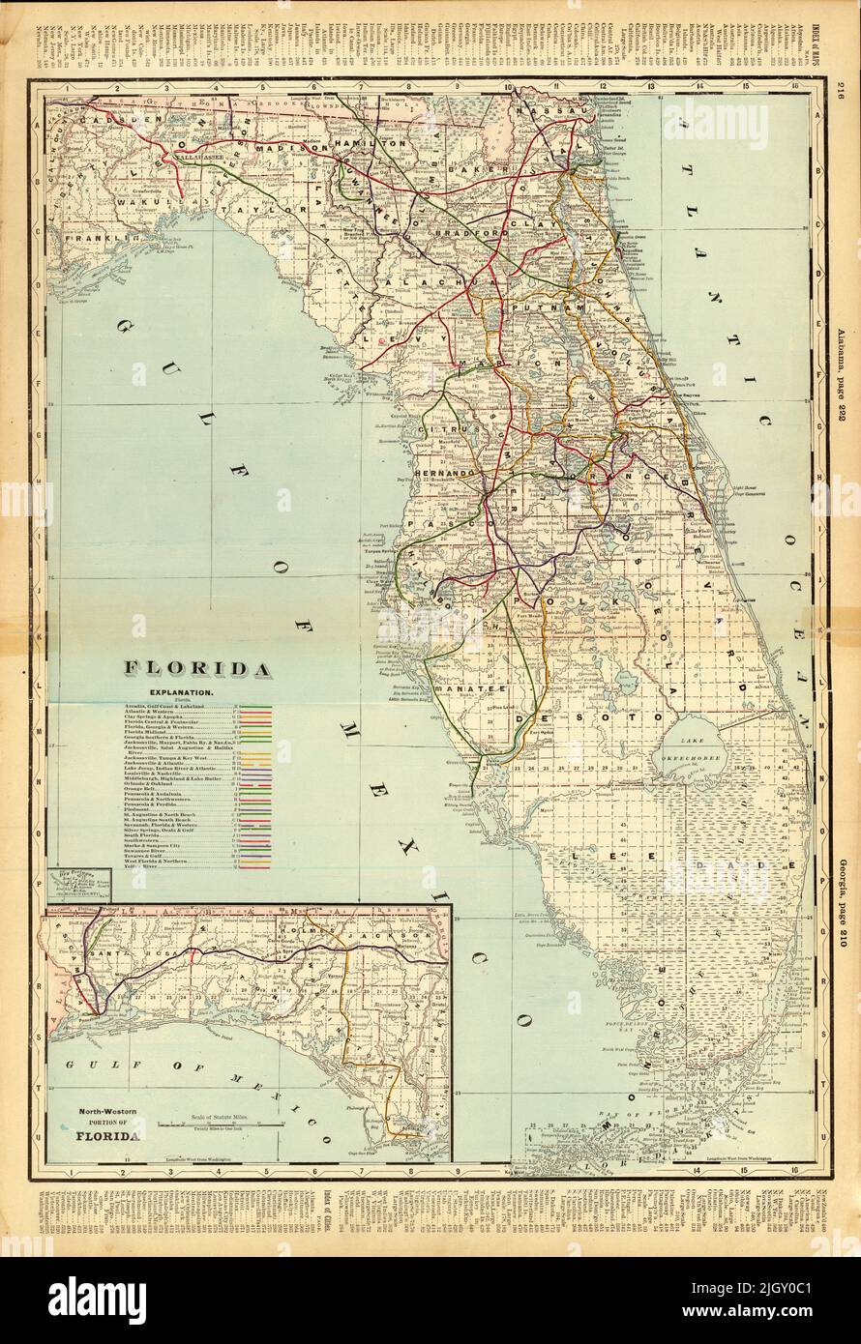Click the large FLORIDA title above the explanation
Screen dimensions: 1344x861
(x=196, y=668)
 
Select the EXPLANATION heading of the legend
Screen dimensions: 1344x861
(x=181, y=694)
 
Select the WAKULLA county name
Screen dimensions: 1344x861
(x=100, y=203)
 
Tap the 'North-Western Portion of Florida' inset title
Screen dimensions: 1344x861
(x=107, y=1125)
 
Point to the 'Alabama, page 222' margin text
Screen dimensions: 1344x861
(x=838, y=363)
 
